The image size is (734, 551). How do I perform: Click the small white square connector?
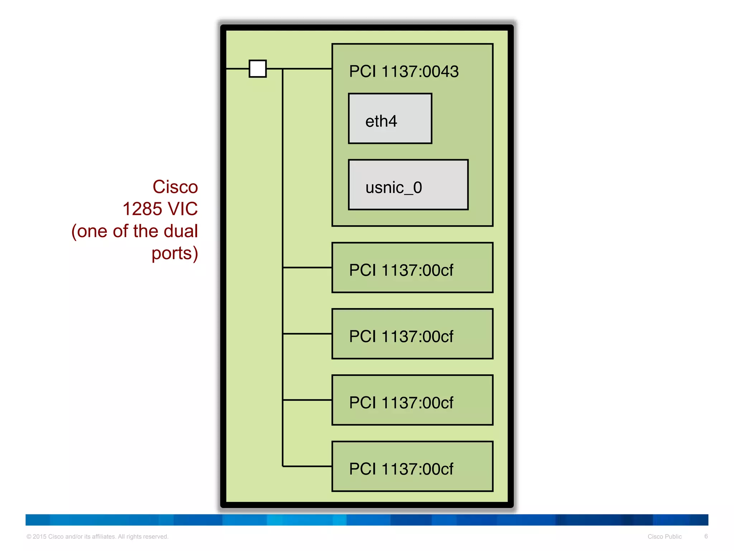point(258,69)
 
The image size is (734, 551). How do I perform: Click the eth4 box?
point(390,119)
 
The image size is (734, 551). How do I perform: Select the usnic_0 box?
point(408,185)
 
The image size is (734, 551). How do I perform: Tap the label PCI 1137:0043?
point(404,71)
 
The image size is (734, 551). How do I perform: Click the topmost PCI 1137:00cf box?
point(412,268)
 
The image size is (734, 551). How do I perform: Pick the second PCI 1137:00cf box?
point(412,334)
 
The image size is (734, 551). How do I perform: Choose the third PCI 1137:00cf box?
point(412,400)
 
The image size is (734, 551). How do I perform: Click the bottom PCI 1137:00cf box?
point(412,466)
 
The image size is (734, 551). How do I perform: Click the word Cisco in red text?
point(175,187)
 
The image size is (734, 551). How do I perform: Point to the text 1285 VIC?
point(160,209)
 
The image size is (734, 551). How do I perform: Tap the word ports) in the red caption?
point(175,253)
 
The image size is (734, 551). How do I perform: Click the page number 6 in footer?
point(706,536)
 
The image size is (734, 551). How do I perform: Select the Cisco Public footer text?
point(664,537)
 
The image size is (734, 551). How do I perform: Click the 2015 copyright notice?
point(97,537)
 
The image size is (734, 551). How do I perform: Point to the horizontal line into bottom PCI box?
point(307,466)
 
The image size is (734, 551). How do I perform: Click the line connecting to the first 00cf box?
point(307,268)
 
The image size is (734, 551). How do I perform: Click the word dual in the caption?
point(181,231)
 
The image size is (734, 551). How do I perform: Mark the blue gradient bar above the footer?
point(367,520)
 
